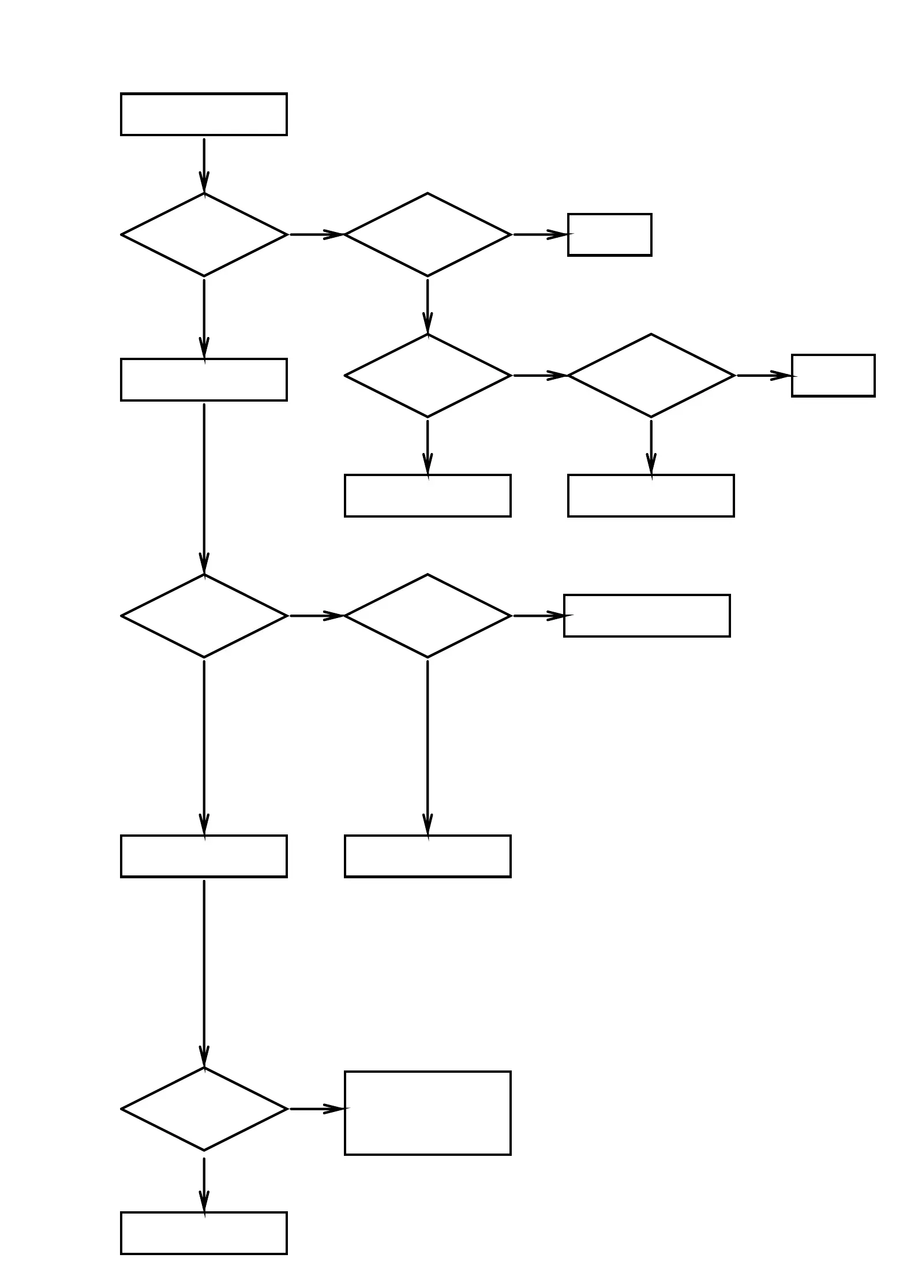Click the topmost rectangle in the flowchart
click(204, 114)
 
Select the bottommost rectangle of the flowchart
click(204, 1233)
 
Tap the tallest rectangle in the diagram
click(428, 1113)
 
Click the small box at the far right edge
click(833, 376)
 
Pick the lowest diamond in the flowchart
click(204, 1109)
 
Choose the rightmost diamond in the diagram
click(651, 376)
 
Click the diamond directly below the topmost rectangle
click(204, 235)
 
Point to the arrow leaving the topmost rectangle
click(204, 164)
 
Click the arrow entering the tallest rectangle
click(316, 1109)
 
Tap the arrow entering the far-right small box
click(764, 376)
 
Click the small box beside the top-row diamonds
click(609, 235)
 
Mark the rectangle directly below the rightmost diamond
click(651, 496)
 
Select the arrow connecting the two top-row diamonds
click(316, 235)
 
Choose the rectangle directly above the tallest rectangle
click(428, 856)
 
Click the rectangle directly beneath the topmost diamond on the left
click(204, 380)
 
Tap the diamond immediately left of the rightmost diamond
click(428, 376)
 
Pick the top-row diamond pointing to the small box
click(428, 235)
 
